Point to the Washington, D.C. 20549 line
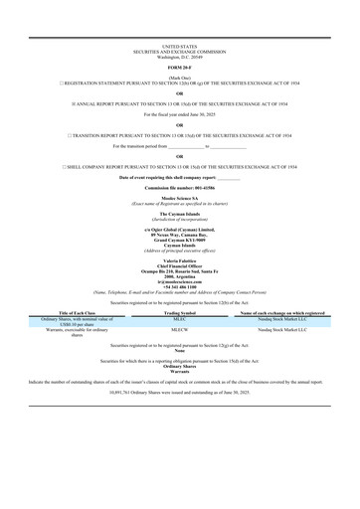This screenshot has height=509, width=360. click(179, 56)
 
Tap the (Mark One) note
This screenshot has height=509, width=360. click(179, 76)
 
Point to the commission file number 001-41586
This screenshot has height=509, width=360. click(179, 187)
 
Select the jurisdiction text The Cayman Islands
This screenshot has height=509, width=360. click(179, 213)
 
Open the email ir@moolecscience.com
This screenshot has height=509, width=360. click(179, 280)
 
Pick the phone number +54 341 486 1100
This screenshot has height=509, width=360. click(179, 285)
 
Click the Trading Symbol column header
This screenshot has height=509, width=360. click(179, 312)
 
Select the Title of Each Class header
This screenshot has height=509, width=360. click(63, 312)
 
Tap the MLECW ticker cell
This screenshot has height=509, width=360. click(179, 329)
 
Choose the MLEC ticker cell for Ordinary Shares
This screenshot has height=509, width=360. click(179, 317)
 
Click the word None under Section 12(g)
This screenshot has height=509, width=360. click(179, 350)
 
